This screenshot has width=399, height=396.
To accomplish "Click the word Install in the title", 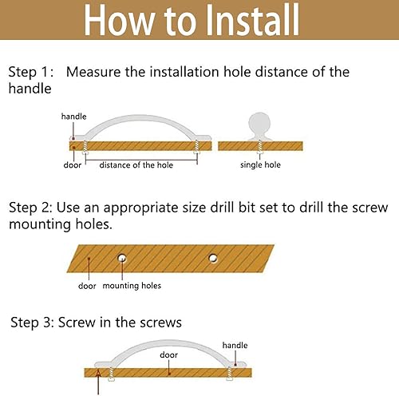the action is [x=253, y=20].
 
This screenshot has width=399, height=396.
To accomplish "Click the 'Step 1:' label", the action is [x=31, y=72].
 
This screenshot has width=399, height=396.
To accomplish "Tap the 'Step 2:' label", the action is [x=30, y=208].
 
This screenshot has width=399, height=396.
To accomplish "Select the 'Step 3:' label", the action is [x=33, y=323].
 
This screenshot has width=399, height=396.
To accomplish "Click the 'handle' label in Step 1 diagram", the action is [x=73, y=117].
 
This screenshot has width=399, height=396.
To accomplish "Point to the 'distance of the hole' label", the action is [x=136, y=165].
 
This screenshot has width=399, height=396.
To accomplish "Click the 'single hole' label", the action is [x=260, y=164].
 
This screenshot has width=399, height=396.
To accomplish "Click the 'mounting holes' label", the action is [x=132, y=286].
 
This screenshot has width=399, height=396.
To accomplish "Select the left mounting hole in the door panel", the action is [x=122, y=258].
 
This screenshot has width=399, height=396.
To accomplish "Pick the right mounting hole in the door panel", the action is [x=213, y=258].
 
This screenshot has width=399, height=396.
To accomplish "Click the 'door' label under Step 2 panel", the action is [x=87, y=286].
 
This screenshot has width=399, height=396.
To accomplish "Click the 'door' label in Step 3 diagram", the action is [x=168, y=354].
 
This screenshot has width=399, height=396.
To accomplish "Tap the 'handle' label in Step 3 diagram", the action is [x=235, y=346].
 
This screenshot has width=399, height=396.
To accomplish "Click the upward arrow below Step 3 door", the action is [x=98, y=382].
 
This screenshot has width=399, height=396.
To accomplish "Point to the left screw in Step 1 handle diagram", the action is [x=85, y=147].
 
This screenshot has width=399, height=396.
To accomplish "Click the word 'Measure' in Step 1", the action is [x=93, y=72].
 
